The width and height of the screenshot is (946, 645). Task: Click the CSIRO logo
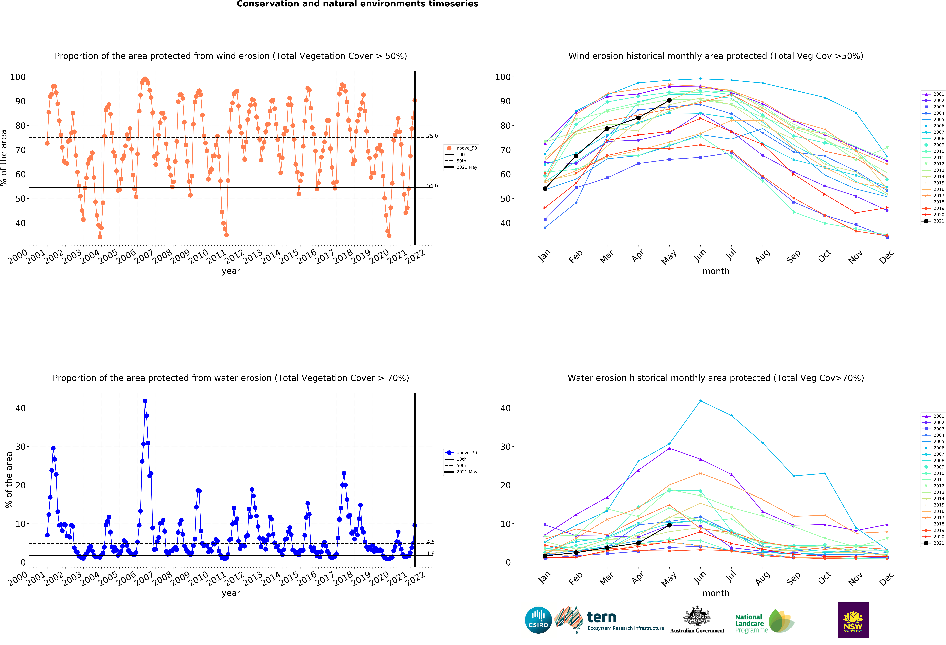[538, 620]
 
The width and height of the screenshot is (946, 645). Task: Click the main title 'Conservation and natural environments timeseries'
[357, 4]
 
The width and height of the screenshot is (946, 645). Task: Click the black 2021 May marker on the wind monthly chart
[669, 100]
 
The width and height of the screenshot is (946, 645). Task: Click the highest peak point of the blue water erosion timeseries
[145, 401]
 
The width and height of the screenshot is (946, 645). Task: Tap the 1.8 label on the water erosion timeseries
[431, 553]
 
